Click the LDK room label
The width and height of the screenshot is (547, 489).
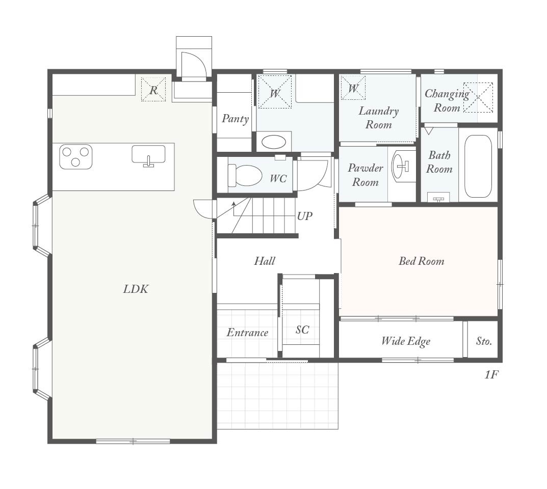[x=136, y=289]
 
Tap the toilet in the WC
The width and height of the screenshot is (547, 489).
[x=245, y=175]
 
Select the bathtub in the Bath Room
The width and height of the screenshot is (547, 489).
[x=478, y=166]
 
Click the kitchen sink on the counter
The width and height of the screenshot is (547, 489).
[x=148, y=155]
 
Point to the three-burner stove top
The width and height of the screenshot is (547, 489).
[x=75, y=157]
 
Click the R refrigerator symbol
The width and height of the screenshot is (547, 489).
[x=153, y=90]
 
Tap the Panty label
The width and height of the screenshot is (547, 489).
[x=236, y=119]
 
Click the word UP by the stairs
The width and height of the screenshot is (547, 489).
[x=304, y=216]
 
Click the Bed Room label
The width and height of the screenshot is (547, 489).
[x=422, y=261]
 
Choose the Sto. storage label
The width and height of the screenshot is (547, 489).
[x=484, y=341]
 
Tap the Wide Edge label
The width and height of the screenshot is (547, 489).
[x=406, y=341]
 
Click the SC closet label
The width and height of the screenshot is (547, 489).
[x=302, y=330]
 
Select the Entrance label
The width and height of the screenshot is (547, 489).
[x=247, y=333]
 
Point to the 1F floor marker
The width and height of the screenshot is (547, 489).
[x=491, y=375]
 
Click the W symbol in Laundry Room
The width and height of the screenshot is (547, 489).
[x=353, y=88]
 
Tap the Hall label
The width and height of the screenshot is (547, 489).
[x=265, y=261]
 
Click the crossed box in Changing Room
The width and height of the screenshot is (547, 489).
[x=478, y=98]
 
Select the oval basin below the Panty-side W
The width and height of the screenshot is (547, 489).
[x=274, y=142]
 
